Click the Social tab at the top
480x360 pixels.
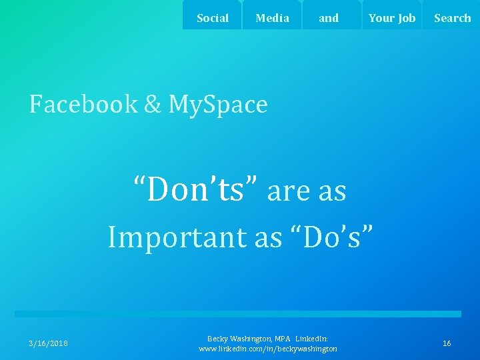(213, 18)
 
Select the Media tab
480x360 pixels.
(272, 18)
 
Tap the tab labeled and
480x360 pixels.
(329, 18)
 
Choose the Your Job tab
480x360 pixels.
(391, 18)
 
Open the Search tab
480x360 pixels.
(452, 18)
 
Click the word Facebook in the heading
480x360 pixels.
(83, 105)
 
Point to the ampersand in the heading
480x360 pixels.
(153, 105)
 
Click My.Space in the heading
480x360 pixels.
(218, 105)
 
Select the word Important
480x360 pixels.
(177, 237)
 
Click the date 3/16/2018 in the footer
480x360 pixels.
(48, 343)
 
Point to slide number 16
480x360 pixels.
(447, 343)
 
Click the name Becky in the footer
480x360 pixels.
(219, 339)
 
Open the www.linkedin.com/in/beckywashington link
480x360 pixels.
(268, 349)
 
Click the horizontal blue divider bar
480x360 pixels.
(238, 313)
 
